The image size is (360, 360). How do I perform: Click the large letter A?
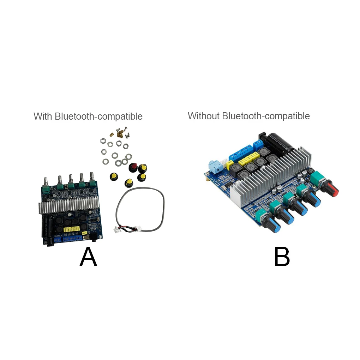pos(88,257)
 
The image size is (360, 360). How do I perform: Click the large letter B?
pos(282,257)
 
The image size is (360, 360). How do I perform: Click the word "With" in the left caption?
pos(43,116)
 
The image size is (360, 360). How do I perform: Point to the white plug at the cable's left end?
pos(116,230)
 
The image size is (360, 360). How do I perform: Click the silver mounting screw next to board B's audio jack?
pos(205,178)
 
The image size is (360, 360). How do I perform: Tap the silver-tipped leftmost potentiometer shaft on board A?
pos(46,181)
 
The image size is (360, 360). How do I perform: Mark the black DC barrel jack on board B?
pos(263,137)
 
